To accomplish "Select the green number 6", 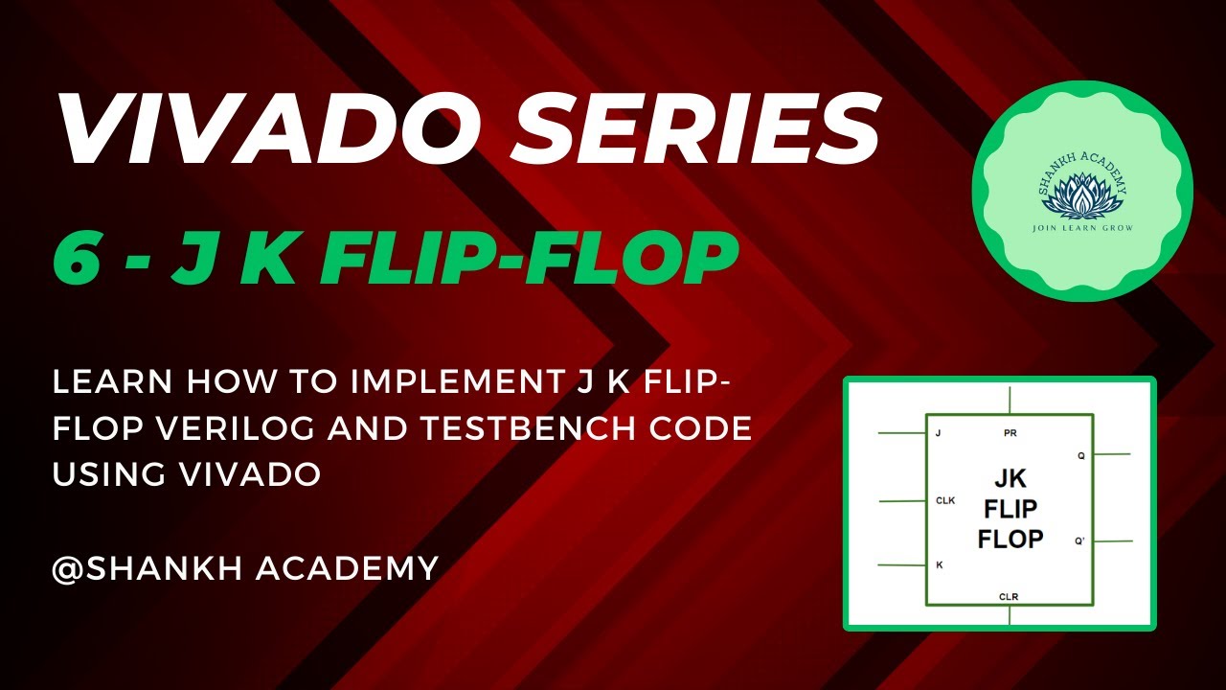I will pos(78,259).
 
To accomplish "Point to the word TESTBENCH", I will pos(517,429).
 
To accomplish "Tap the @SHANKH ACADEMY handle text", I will pos(245,567).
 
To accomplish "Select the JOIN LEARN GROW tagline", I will pos(1082,228).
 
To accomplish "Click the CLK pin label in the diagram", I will pos(946,500).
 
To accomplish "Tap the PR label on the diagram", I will pos(1010,433).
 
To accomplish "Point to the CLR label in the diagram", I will pos(1009,596).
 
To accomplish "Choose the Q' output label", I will pos(1079,541).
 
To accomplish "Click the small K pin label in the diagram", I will pos(939,564).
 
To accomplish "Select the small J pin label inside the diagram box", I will pos(938,433).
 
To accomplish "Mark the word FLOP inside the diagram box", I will pos(1010,539).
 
